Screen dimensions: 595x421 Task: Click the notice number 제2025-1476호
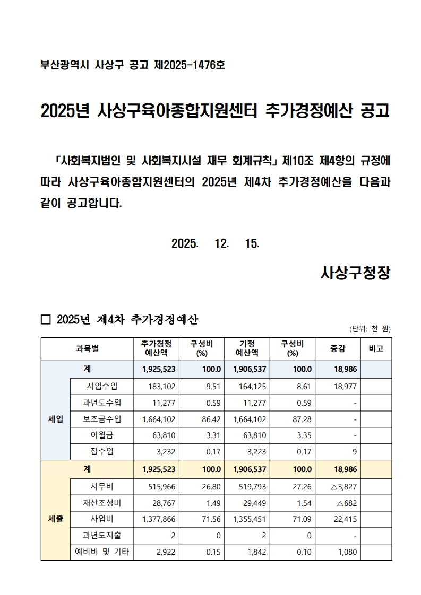point(189,65)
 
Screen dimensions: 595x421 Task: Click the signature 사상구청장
point(356,273)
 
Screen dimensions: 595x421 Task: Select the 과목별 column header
point(87,348)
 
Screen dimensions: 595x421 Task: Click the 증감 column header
point(338,348)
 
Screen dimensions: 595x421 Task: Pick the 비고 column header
point(376,348)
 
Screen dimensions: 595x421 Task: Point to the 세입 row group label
point(55,419)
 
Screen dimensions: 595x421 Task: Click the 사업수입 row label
point(102,386)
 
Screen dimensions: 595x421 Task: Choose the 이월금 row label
point(102,435)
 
